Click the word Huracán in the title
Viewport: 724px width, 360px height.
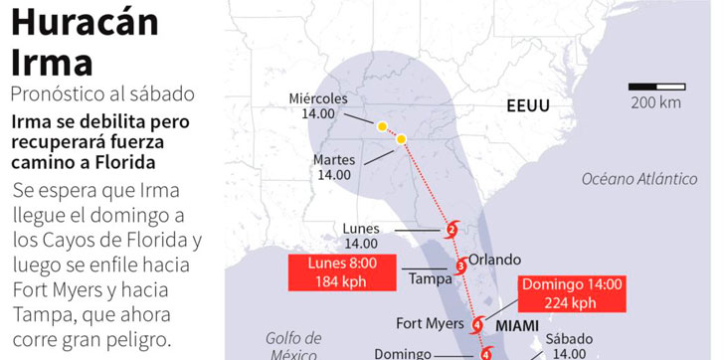click(x=85, y=22)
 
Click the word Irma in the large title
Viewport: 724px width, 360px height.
click(x=52, y=62)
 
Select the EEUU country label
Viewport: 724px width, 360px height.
click(x=527, y=105)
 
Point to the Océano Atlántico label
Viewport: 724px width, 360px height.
click(x=639, y=179)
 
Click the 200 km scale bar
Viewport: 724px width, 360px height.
click(x=655, y=87)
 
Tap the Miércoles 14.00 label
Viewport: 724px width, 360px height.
click(x=318, y=106)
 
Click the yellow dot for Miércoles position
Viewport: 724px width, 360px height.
click(x=382, y=126)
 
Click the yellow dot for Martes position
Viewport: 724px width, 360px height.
click(x=401, y=139)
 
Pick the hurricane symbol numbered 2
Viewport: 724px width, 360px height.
click(x=452, y=231)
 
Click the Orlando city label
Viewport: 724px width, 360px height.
click(x=494, y=259)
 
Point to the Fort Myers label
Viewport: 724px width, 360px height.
click(x=430, y=323)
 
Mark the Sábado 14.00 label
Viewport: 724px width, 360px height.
click(x=568, y=344)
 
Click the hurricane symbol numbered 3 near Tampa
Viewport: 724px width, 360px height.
click(x=460, y=266)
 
